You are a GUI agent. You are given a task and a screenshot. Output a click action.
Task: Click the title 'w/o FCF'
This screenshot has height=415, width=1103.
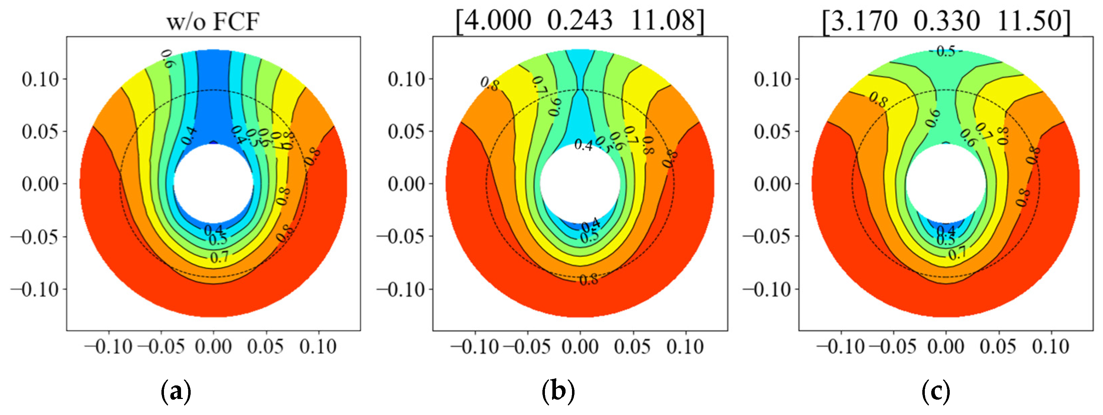coord(213,21)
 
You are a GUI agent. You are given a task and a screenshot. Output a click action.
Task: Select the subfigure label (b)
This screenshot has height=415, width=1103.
coord(558,391)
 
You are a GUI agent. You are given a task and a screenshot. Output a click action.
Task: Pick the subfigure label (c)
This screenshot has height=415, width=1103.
coord(936,391)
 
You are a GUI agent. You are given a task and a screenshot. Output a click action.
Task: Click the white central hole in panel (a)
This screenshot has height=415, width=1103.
coord(213,183)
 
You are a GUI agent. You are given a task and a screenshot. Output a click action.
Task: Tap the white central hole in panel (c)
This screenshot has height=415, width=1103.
coord(946,183)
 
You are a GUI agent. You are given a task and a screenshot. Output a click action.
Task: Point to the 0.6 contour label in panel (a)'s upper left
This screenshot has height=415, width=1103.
coord(168,59)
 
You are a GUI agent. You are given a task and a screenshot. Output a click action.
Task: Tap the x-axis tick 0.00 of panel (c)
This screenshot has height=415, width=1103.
coord(946,346)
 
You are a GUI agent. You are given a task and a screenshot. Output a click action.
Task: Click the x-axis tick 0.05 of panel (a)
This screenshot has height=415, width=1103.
coord(266,346)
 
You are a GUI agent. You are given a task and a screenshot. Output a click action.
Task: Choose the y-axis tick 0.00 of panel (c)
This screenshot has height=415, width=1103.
coord(772,184)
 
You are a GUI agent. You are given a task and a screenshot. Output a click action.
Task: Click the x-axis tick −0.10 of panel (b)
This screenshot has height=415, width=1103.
coord(474,346)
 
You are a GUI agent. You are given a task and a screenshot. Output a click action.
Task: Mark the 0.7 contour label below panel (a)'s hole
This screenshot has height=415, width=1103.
coord(220,257)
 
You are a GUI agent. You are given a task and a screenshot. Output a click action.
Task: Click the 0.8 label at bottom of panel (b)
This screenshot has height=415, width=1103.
coord(589,280)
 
